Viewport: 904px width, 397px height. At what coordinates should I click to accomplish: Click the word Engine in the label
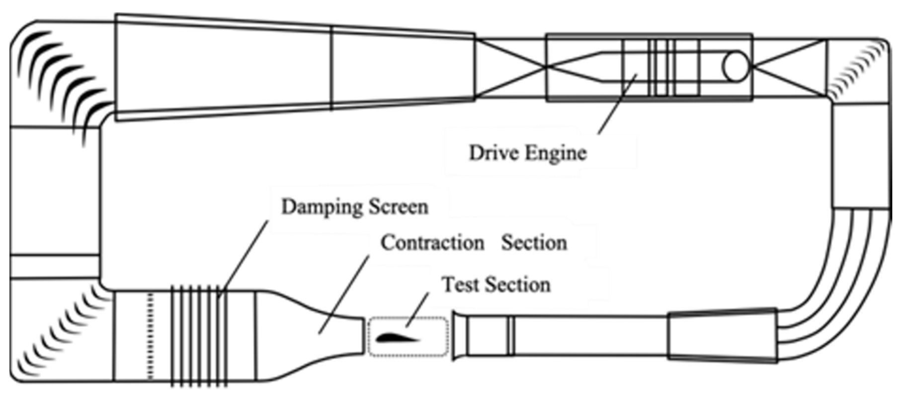556,153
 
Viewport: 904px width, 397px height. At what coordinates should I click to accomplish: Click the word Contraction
432,243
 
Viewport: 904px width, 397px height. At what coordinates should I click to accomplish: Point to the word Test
460,285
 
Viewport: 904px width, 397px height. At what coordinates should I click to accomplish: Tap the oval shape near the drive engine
736,67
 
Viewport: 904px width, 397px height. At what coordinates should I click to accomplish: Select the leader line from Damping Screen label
244,259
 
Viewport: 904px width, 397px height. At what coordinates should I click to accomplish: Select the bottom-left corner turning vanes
60,333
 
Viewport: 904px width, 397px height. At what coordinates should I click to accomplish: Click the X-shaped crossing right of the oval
790,67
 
